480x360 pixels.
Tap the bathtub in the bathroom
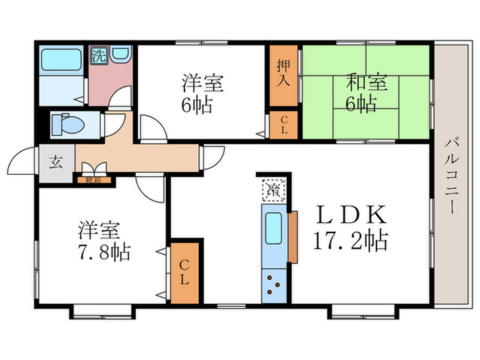pyautogui.click(x=61, y=60)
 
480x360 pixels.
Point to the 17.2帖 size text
pyautogui.click(x=350, y=241)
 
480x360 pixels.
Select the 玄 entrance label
pyautogui.click(x=55, y=163)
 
